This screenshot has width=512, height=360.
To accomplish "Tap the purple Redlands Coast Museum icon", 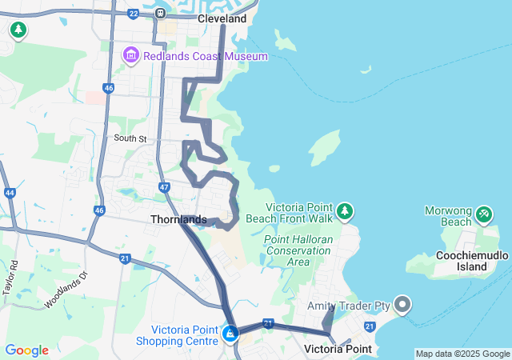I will click(130, 56).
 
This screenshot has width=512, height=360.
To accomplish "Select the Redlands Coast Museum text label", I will click(205, 56).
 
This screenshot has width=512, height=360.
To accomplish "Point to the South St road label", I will click(130, 138).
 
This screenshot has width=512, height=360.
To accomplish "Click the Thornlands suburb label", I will click(178, 219).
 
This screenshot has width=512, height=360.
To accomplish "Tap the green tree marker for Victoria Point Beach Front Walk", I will click(345, 210).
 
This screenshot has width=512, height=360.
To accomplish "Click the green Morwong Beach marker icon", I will click(483, 214).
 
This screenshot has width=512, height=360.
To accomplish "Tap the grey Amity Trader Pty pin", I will click(402, 305).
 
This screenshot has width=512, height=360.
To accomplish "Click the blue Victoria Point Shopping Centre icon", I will click(230, 333).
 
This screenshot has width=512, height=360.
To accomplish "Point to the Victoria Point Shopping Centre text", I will click(186, 335).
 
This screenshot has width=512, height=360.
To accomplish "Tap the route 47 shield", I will click(164, 187).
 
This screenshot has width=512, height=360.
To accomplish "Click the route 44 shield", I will click(10, 193).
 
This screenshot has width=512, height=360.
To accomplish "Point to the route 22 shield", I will click(133, 13).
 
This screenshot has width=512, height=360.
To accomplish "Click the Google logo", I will click(26, 350).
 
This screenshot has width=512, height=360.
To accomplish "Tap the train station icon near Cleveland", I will click(160, 13).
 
